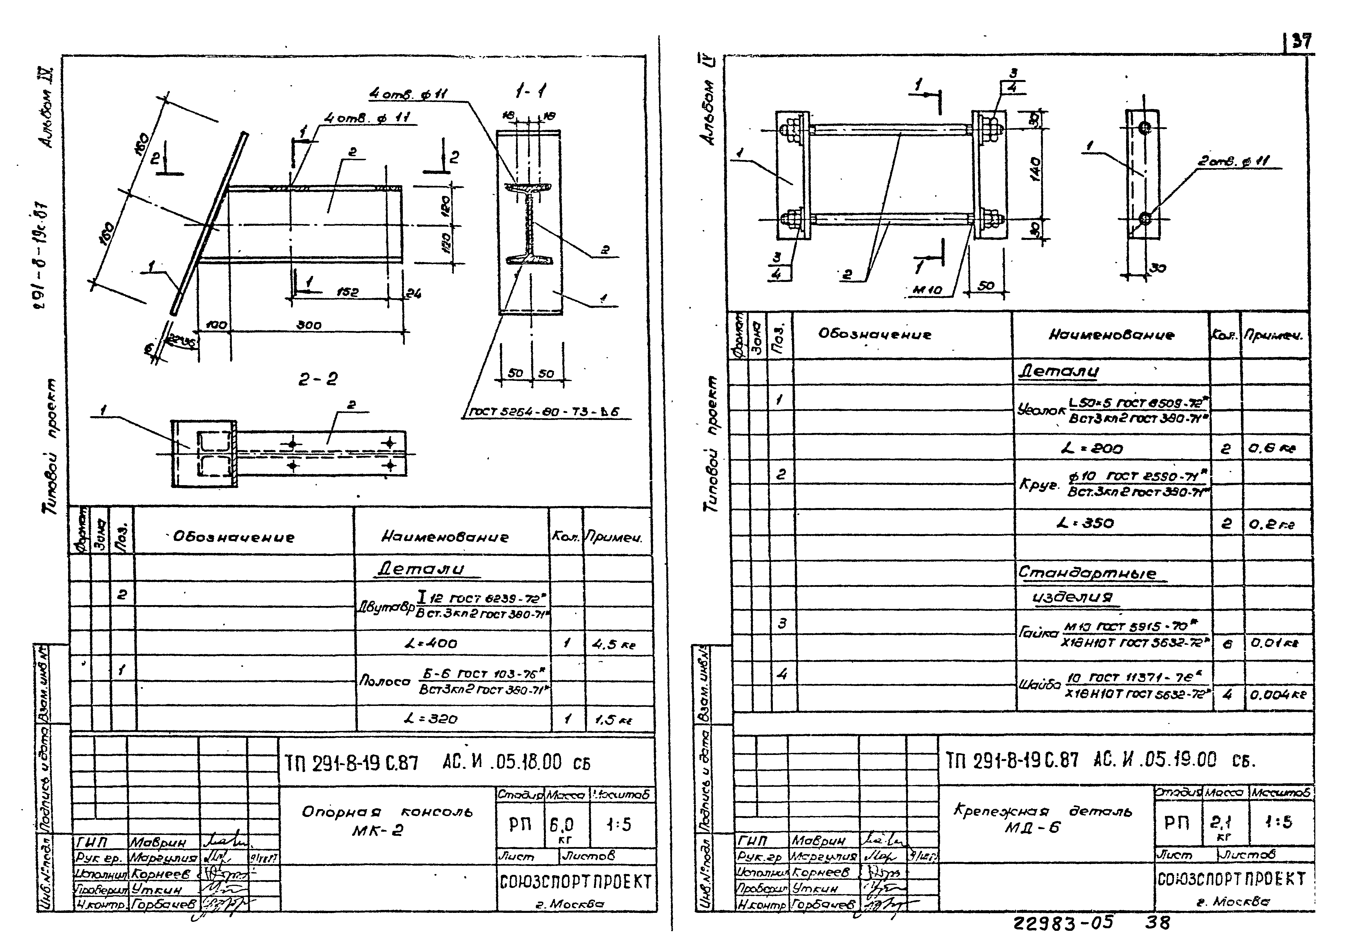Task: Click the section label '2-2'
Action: click(318, 379)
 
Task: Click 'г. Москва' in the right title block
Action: click(1230, 901)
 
